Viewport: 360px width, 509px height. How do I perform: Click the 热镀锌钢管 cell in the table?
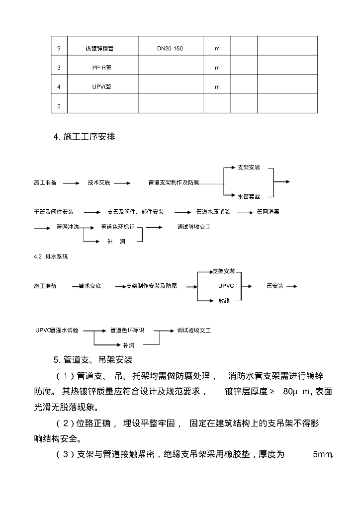click(102, 49)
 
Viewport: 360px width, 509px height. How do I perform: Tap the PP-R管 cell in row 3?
click(102, 68)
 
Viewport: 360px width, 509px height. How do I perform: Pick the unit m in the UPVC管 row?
click(217, 87)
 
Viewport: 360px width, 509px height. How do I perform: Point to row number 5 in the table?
click(59, 106)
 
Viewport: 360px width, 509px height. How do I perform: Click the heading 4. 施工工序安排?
click(84, 137)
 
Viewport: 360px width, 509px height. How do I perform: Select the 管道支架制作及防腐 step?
click(174, 183)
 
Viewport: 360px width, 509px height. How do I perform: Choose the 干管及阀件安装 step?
click(54, 212)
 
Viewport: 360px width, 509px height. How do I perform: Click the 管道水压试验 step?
click(212, 212)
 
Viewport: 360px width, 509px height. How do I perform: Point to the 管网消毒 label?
click(268, 212)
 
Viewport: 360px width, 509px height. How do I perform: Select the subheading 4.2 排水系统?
click(51, 256)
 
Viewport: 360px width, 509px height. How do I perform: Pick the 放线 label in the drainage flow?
click(224, 301)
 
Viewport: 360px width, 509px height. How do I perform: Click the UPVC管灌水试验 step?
click(57, 330)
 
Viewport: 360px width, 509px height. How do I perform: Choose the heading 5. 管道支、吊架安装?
click(92, 359)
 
